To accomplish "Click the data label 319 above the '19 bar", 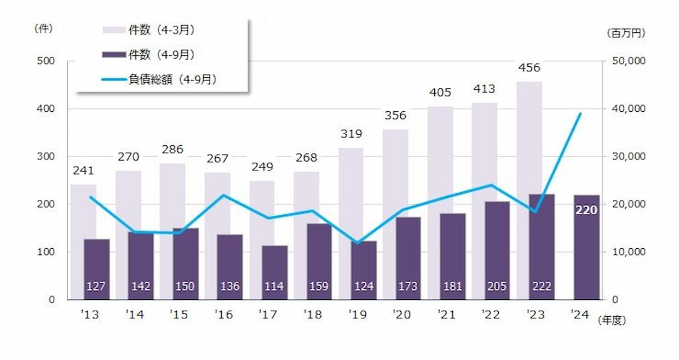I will [x=350, y=134].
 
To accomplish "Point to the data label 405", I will [x=440, y=92].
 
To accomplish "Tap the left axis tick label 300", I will [x=45, y=157].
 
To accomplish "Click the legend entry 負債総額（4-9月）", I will [x=172, y=79].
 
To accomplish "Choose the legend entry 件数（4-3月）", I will [x=161, y=30].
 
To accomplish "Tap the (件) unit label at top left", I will [x=43, y=28].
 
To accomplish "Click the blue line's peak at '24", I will [x=580, y=113].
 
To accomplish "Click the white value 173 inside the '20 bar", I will [x=408, y=286].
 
